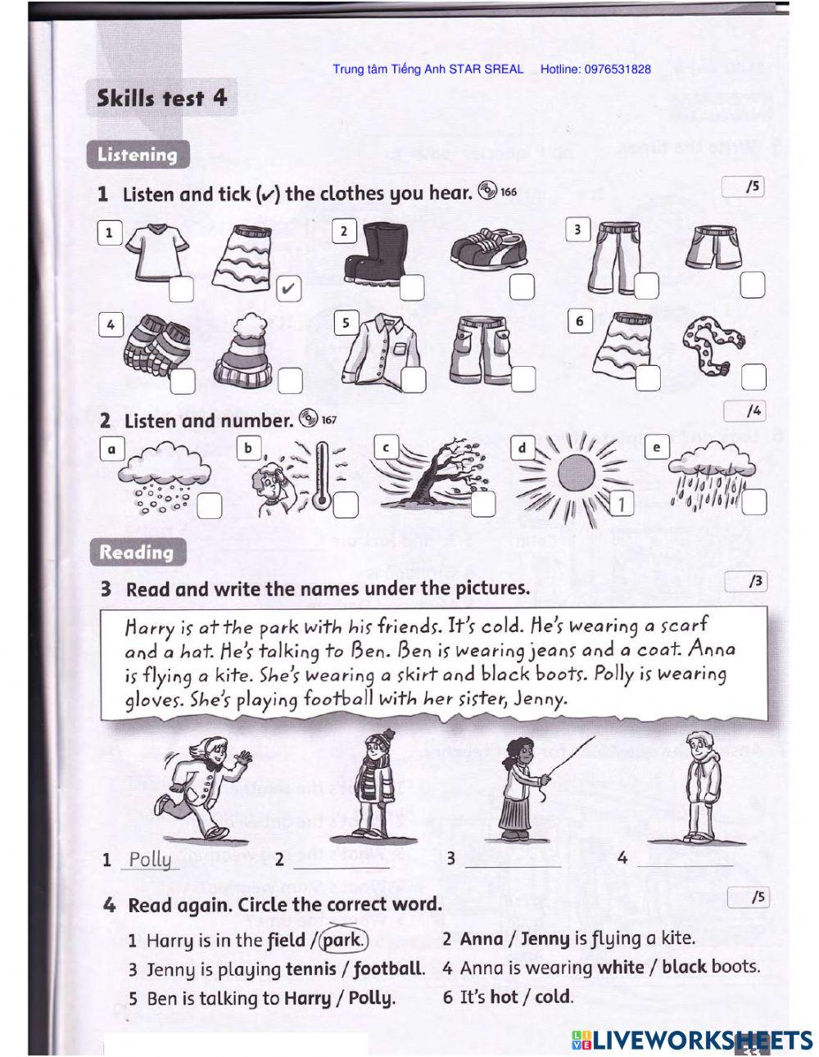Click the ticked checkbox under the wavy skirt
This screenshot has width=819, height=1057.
288,288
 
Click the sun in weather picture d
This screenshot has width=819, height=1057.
575,475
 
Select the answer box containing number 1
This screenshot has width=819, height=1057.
622,504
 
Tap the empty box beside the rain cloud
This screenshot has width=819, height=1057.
753,502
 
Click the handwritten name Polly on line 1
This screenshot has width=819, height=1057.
151,859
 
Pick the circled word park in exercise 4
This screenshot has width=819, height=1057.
342,939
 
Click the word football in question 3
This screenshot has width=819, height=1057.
388,969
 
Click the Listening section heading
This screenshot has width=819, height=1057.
137,155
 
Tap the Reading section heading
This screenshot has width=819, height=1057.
137,552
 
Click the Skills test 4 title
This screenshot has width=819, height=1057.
161,98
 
